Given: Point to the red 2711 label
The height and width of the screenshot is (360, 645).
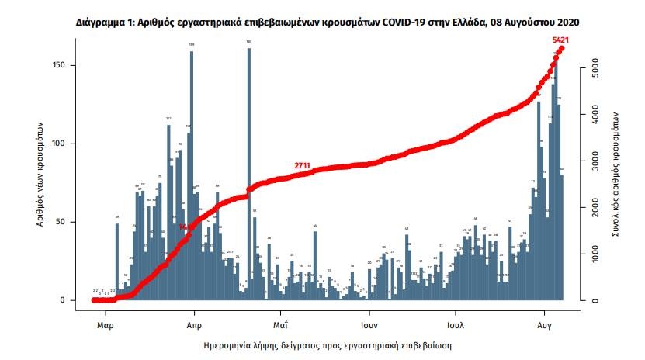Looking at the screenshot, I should pos(303,166).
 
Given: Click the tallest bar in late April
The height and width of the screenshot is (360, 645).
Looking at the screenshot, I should pos(248,175).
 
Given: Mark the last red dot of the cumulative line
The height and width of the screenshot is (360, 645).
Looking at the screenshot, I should pos(561,48).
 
